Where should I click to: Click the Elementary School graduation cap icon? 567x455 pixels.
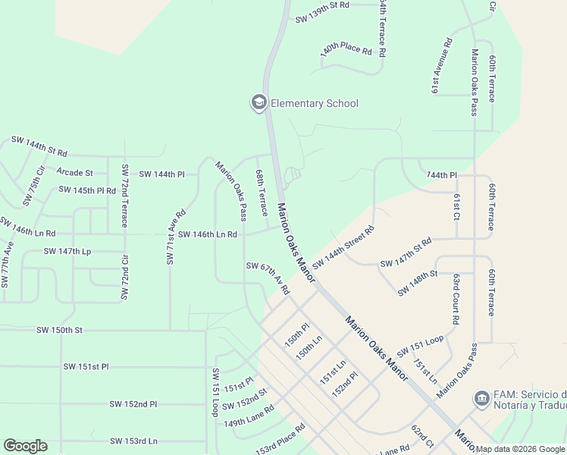(x=258, y=102)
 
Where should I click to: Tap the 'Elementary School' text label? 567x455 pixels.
(x=314, y=103)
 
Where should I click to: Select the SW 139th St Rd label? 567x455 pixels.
(x=322, y=5)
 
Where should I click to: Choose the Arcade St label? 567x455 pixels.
(x=74, y=173)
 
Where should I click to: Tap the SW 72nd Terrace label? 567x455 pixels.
(x=125, y=196)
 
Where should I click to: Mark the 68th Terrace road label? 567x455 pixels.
(x=262, y=193)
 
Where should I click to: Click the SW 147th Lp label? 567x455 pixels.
(x=67, y=250)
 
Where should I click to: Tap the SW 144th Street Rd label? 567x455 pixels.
(x=344, y=247)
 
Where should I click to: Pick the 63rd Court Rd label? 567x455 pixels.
(x=456, y=300)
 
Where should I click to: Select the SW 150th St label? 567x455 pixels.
(x=59, y=330)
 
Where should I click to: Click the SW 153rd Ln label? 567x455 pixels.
(x=133, y=441)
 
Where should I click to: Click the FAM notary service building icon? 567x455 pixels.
(x=481, y=398)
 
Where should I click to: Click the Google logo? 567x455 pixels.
(x=25, y=446)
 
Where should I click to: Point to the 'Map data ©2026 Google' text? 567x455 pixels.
(x=520, y=449)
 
